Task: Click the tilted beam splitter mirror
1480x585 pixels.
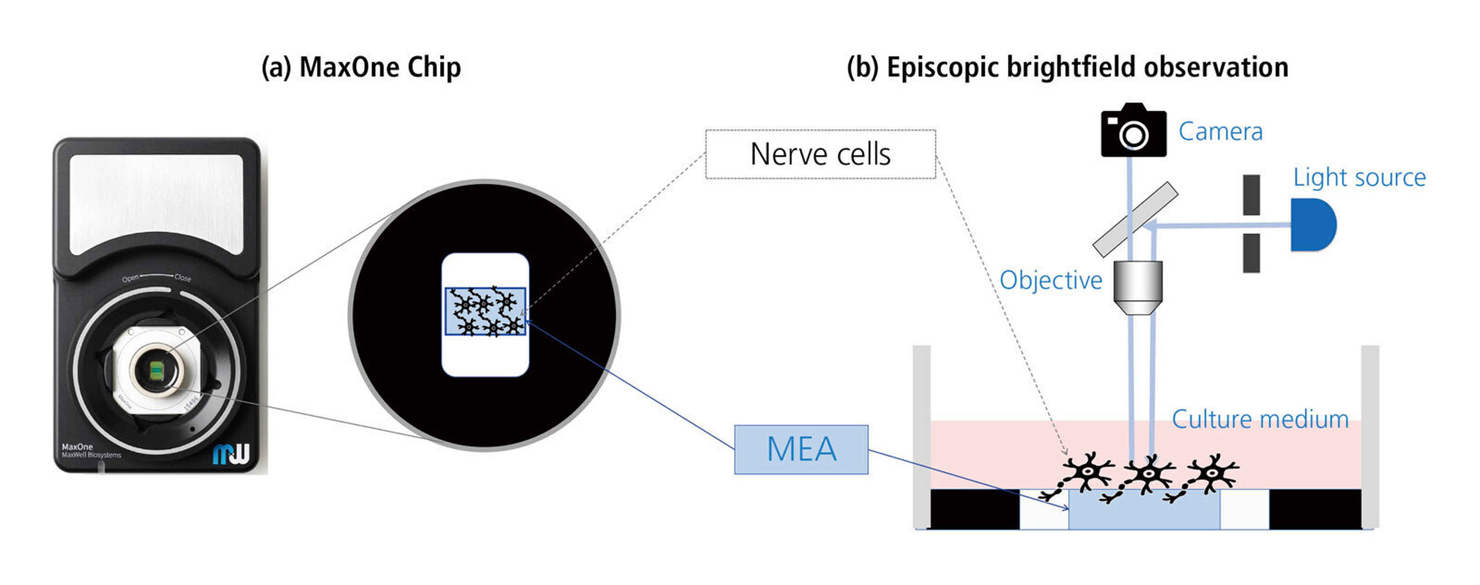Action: pos(1135,219)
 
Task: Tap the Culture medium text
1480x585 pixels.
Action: pos(1259,419)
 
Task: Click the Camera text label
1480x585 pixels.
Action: pos(1220,131)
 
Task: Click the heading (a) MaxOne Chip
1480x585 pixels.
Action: pos(361,67)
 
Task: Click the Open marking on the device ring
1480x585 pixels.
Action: pos(131,279)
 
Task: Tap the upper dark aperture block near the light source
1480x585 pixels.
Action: pos(1251,195)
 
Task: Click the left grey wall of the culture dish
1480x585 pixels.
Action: pos(922,436)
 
